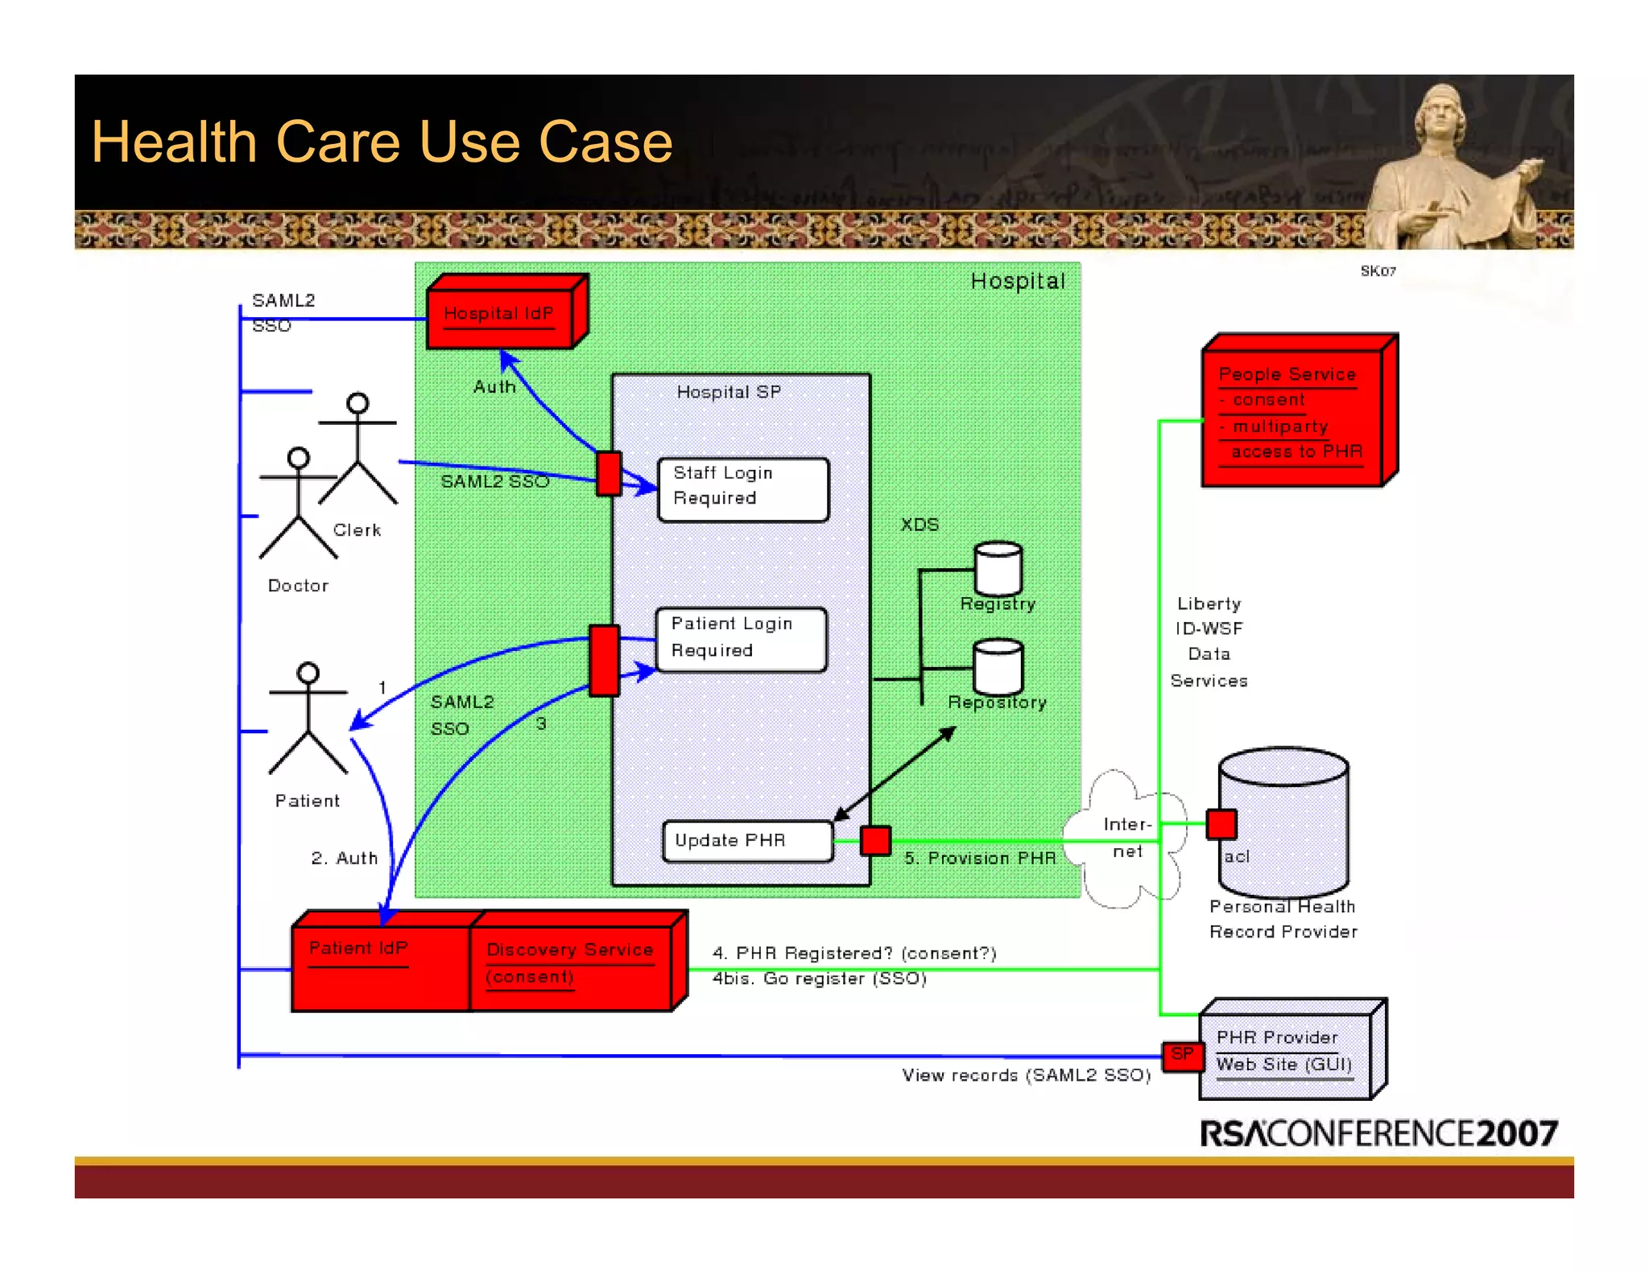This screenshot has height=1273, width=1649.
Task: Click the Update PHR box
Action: [746, 841]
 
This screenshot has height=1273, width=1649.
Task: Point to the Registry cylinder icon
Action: [998, 568]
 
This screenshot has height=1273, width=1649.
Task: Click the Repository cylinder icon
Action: [998, 666]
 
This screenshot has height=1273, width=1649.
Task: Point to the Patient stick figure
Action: [308, 716]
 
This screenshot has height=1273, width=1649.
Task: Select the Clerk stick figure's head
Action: [357, 403]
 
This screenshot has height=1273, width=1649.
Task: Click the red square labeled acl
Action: [1221, 824]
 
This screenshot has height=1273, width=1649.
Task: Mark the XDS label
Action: [920, 525]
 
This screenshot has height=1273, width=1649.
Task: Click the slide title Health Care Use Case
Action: [382, 142]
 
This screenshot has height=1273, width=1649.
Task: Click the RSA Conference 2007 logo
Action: [1378, 1133]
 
